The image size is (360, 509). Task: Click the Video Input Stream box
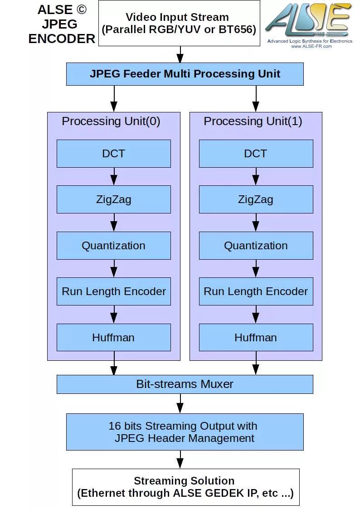click(179, 23)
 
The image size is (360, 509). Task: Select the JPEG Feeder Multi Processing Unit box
click(185, 74)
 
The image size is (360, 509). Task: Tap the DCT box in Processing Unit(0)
click(113, 154)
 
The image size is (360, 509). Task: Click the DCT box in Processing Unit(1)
click(256, 154)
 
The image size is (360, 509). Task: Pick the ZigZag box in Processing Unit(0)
click(113, 199)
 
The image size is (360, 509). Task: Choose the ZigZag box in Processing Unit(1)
click(256, 199)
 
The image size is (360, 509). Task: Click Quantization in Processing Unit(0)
click(113, 246)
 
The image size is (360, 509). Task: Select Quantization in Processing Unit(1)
click(256, 246)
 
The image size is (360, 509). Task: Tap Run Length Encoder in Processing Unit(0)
click(113, 291)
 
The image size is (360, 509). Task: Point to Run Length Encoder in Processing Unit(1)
click(256, 291)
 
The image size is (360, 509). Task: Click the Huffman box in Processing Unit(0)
click(113, 338)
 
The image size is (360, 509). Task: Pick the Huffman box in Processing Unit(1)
click(256, 338)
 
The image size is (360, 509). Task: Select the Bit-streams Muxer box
click(185, 384)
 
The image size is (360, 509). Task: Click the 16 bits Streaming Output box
click(185, 432)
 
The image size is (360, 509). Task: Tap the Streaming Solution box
click(185, 487)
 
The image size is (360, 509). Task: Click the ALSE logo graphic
click(308, 20)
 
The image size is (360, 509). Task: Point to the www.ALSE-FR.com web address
click(308, 46)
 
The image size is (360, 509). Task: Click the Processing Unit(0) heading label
click(111, 121)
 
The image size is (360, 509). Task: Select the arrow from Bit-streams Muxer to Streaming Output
click(180, 403)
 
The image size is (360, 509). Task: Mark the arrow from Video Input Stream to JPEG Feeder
click(180, 54)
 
